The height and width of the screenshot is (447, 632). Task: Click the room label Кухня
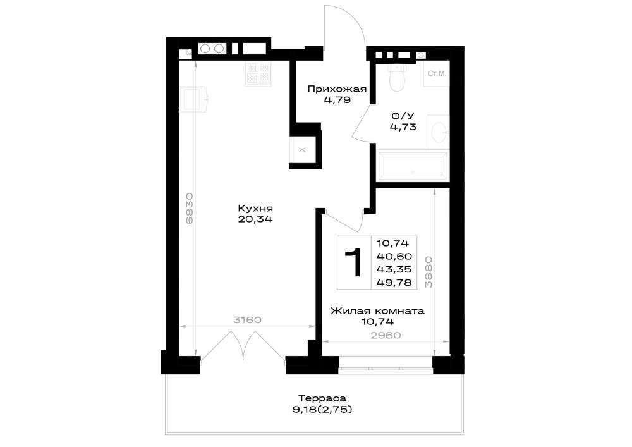coord(255,209)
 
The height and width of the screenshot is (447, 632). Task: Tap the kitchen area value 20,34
coord(255,219)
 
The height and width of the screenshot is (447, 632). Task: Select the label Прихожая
coord(337,89)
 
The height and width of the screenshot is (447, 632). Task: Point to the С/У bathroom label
coord(403,116)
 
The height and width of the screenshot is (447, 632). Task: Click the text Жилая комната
coord(377,311)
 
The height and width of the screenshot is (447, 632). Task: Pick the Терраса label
coord(323,398)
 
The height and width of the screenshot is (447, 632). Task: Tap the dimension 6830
coord(190,209)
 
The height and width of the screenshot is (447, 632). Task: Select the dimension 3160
coord(248,320)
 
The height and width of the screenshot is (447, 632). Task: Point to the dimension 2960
coord(386,335)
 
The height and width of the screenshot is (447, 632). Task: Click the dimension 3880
coord(429,272)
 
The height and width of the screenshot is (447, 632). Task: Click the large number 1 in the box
coord(354,263)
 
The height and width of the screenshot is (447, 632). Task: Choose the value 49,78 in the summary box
coord(394,283)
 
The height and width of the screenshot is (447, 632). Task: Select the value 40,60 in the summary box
coord(394,256)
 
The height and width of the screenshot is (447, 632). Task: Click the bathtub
coord(412,166)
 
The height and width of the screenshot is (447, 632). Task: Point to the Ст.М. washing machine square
coord(437,73)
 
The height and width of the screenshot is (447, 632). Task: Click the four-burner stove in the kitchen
coord(258,73)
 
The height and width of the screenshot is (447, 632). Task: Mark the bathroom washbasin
coord(439,132)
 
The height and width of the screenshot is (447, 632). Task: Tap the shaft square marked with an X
coord(302,150)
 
